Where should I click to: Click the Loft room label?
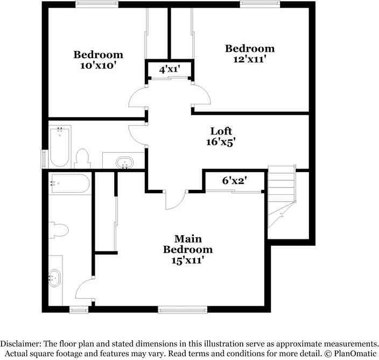pyautogui.click(x=221, y=131)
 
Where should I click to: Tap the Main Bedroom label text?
pyautogui.click(x=188, y=244)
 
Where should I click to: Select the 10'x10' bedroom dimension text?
pyautogui.click(x=99, y=65)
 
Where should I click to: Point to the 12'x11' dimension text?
pyautogui.click(x=250, y=59)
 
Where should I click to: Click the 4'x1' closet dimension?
pyautogui.click(x=170, y=69)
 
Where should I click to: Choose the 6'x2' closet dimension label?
pyautogui.click(x=235, y=180)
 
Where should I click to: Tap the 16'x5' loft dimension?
pyautogui.click(x=221, y=142)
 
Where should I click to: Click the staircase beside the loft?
pyautogui.click(x=282, y=196)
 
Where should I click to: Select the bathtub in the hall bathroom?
pyautogui.click(x=60, y=147)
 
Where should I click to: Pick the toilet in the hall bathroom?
pyautogui.click(x=82, y=158)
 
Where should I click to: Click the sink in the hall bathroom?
pyautogui.click(x=124, y=163)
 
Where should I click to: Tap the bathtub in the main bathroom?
pyautogui.click(x=70, y=183)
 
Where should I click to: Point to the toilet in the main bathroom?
pyautogui.click(x=59, y=230)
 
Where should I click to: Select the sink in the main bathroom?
pyautogui.click(x=54, y=278)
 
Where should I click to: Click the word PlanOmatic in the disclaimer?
pyautogui.click(x=355, y=354)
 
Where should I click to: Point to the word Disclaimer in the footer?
pyautogui.click(x=19, y=344)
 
